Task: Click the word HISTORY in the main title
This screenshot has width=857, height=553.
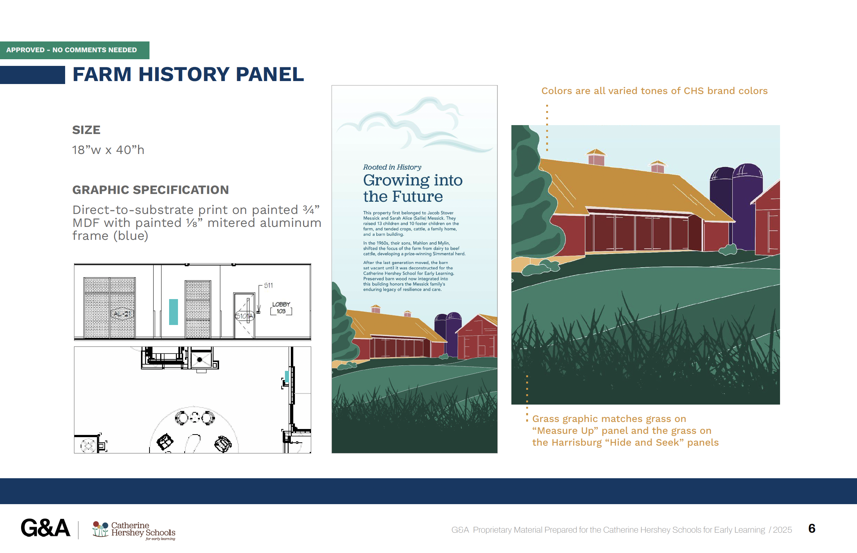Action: [x=184, y=74]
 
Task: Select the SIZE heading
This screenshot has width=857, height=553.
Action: [x=86, y=130]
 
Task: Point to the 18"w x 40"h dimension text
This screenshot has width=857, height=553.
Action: [x=108, y=150]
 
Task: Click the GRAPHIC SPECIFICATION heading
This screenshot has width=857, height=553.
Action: [x=151, y=190]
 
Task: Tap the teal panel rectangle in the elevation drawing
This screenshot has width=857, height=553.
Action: [x=174, y=312]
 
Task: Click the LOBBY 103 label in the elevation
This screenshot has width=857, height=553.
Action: [x=281, y=308]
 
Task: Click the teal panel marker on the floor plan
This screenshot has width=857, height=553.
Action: [x=287, y=376]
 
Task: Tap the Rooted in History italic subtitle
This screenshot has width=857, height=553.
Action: [x=392, y=167]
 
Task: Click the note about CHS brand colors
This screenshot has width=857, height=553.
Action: [x=654, y=91]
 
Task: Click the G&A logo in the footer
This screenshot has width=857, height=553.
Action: [x=46, y=528]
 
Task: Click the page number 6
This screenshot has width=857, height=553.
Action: [x=812, y=529]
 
